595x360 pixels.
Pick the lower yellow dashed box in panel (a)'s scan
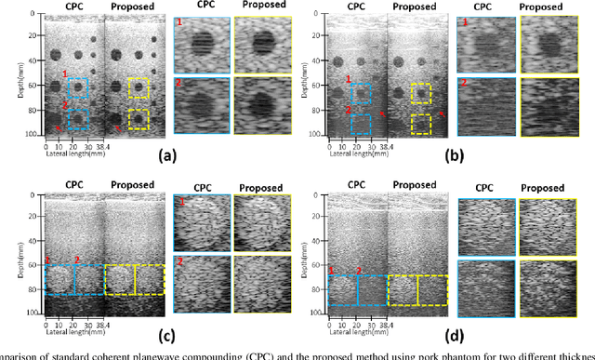click(x=139, y=119)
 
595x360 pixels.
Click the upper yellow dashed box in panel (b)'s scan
click(x=421, y=92)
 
